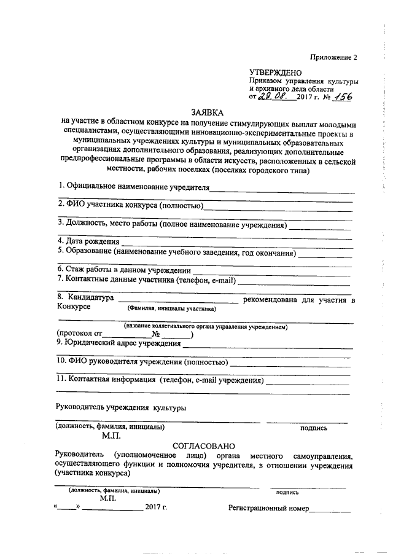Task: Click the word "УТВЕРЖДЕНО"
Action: pyautogui.click(x=275, y=72)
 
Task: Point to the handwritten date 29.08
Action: pyautogui.click(x=271, y=96)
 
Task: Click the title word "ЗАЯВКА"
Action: pyautogui.click(x=208, y=113)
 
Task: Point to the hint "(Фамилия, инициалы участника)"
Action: pyautogui.click(x=171, y=308)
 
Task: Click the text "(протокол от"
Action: pyautogui.click(x=78, y=334)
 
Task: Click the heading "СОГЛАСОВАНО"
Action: pyautogui.click(x=203, y=445)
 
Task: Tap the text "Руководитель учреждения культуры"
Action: pyautogui.click(x=121, y=407)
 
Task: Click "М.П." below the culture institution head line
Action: pyautogui.click(x=112, y=435)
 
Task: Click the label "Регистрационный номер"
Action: pyautogui.click(x=269, y=508)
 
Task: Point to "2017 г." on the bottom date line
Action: pyautogui.click(x=156, y=507)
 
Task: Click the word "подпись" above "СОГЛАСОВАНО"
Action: pyautogui.click(x=313, y=428)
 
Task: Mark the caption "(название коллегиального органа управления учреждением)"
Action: pyautogui.click(x=206, y=326)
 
